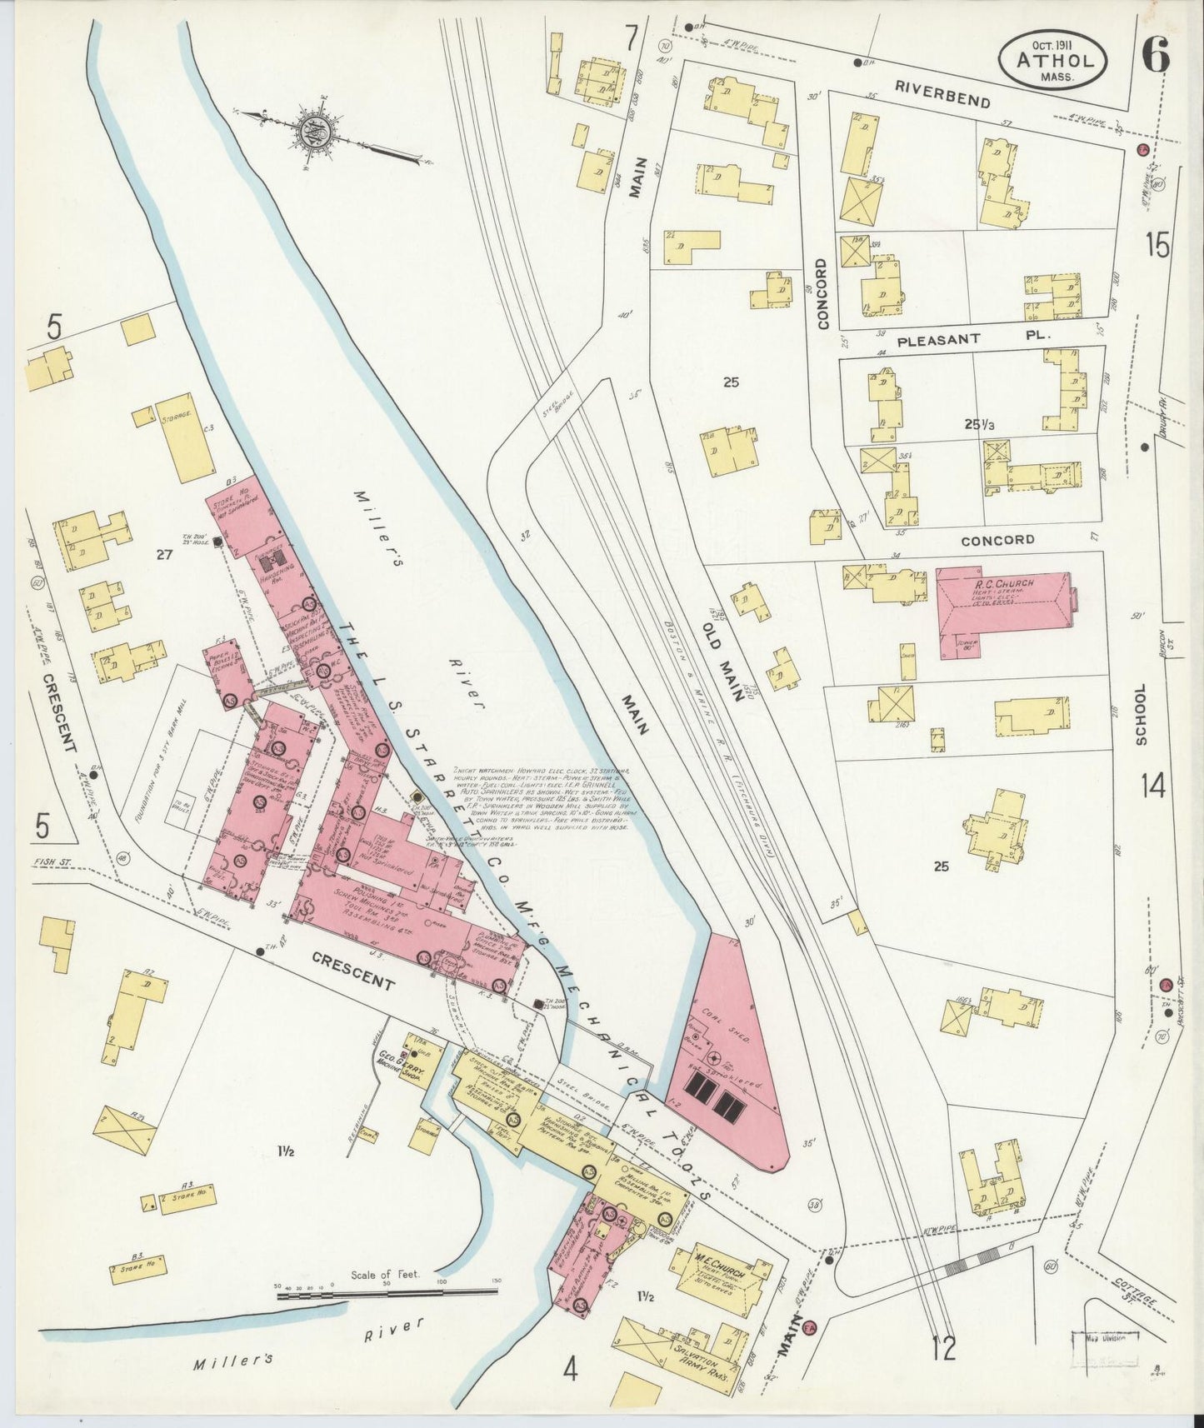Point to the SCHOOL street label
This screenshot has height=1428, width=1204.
click(x=1141, y=714)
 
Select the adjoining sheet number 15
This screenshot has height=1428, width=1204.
click(x=1157, y=246)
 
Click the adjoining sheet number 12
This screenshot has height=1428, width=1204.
click(x=945, y=1370)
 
